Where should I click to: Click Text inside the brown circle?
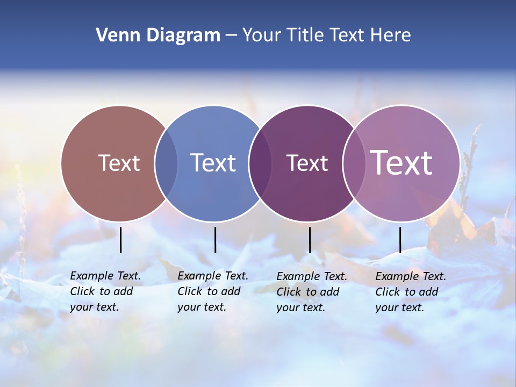tap(119, 163)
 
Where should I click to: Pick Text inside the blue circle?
tap(213, 163)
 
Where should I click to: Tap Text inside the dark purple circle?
tap(307, 163)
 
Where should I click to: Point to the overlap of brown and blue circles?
tap(166, 163)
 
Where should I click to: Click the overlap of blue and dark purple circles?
tap(260, 163)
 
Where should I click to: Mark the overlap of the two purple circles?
tap(353, 163)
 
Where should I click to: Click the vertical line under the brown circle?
tap(121, 240)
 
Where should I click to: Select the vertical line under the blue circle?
tap(215, 240)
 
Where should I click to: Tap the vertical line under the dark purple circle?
tap(310, 240)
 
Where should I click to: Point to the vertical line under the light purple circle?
tap(400, 240)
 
